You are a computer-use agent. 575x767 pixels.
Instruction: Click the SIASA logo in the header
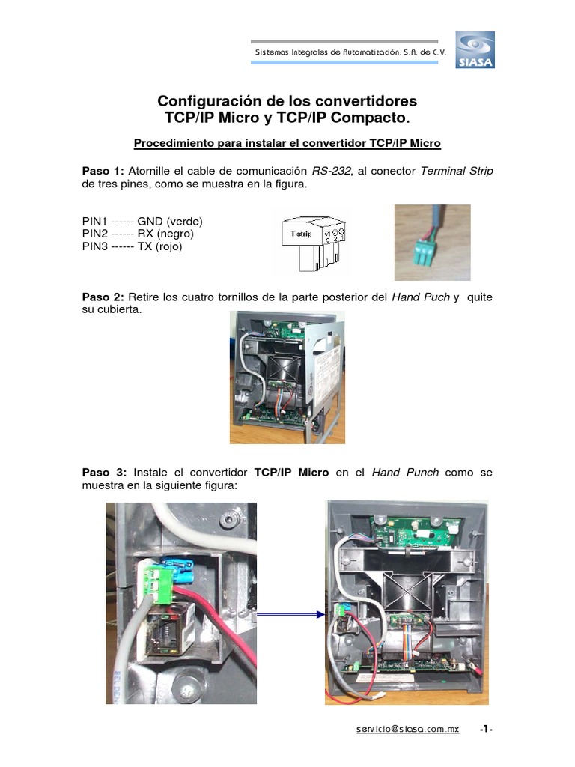(475, 50)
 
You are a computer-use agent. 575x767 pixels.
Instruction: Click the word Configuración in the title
(201, 101)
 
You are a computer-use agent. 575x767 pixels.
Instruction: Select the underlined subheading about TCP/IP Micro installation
(287, 142)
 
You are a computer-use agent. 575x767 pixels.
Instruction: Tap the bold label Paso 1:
(103, 171)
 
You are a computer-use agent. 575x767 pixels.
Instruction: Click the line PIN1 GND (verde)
(142, 222)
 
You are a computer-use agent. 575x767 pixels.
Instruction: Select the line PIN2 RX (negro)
(139, 234)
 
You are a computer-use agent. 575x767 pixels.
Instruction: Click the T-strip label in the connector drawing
(301, 235)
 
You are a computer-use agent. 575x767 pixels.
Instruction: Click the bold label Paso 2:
(103, 297)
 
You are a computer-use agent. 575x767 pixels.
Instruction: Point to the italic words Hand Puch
(420, 297)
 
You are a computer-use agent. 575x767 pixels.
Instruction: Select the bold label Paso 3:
(104, 473)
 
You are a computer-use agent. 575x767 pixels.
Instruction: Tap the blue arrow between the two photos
(290, 614)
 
